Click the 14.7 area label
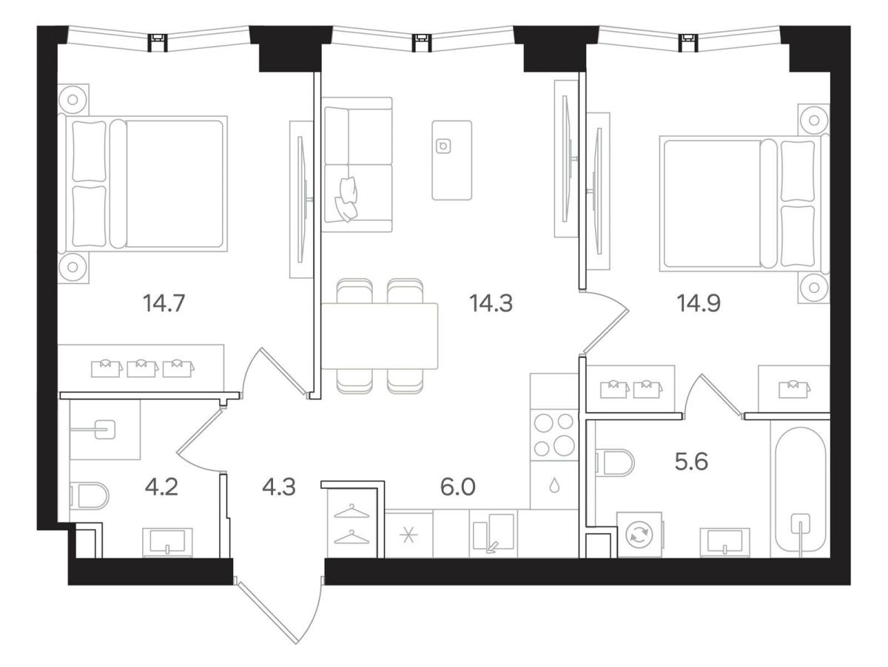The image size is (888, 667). [164, 303]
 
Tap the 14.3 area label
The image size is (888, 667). [491, 303]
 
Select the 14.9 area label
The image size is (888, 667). [699, 303]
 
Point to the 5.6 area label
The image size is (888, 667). [691, 461]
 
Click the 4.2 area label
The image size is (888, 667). [161, 487]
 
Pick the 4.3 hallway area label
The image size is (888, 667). [279, 487]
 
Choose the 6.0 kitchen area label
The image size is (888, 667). [457, 487]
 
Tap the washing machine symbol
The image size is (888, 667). [639, 535]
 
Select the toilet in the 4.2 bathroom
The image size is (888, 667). [90, 496]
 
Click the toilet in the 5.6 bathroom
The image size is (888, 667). [614, 463]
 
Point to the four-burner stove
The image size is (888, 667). [554, 435]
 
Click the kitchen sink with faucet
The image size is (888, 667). [494, 533]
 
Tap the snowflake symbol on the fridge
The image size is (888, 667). [408, 536]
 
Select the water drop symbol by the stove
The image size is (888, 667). [554, 486]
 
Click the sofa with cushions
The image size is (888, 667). [357, 164]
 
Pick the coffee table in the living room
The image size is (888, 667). [451, 160]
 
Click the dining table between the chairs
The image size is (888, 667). [380, 336]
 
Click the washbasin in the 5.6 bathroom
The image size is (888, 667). [725, 542]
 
